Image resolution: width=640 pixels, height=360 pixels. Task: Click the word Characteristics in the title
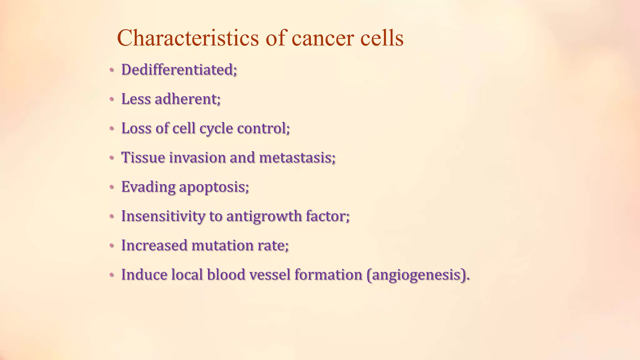[x=187, y=38]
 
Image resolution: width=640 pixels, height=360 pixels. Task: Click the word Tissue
[x=143, y=157]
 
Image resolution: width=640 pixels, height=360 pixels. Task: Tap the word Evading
[x=148, y=187]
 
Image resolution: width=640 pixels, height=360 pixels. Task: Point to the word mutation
[x=222, y=246]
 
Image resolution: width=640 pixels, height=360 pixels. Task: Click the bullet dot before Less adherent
[x=112, y=100]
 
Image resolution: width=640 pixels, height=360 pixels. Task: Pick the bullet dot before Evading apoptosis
[x=112, y=187]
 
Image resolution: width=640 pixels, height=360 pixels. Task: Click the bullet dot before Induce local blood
[x=112, y=275]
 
